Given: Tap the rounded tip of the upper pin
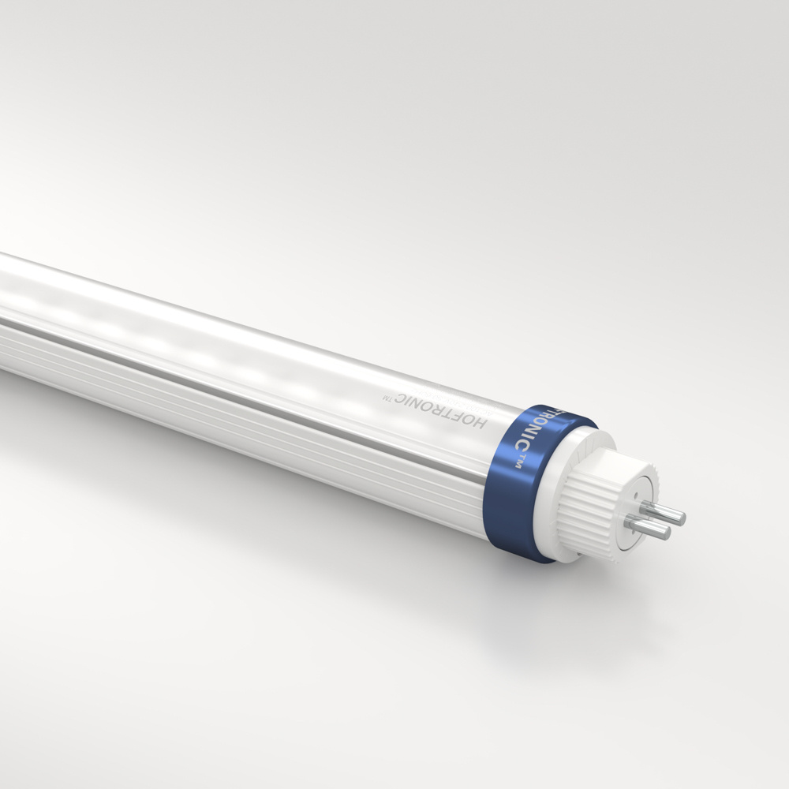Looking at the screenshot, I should [x=681, y=518].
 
